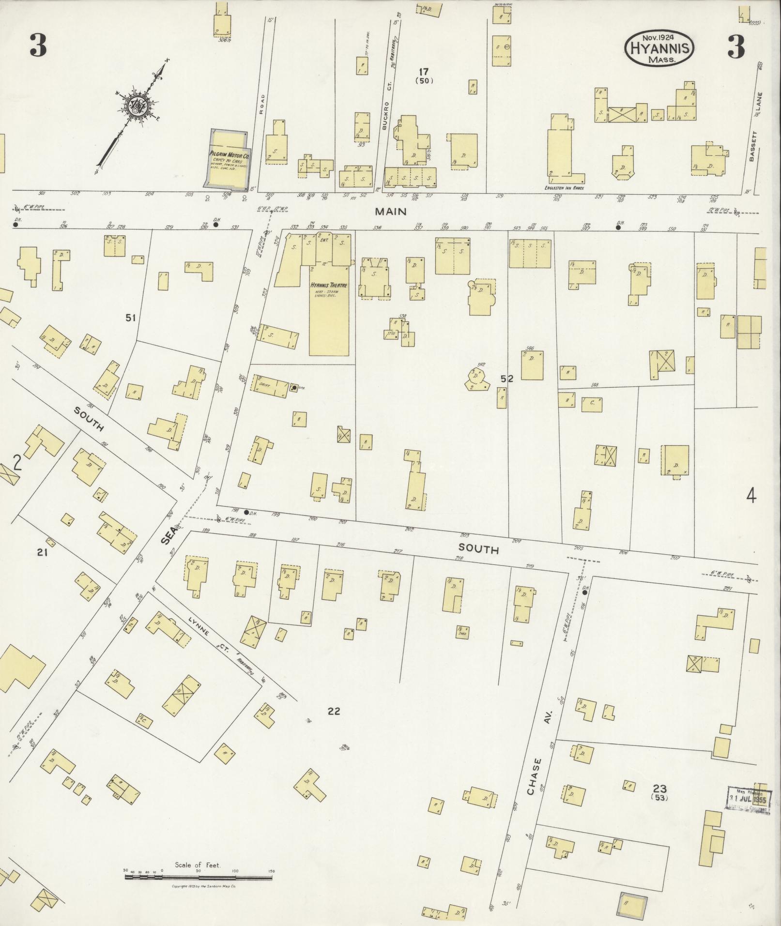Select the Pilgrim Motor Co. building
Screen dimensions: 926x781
coord(229,161)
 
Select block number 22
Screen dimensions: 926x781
coord(334,711)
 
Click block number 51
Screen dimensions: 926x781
coord(130,318)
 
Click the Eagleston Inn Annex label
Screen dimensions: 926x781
coord(563,186)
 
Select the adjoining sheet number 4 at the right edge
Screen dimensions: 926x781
coord(751,496)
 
